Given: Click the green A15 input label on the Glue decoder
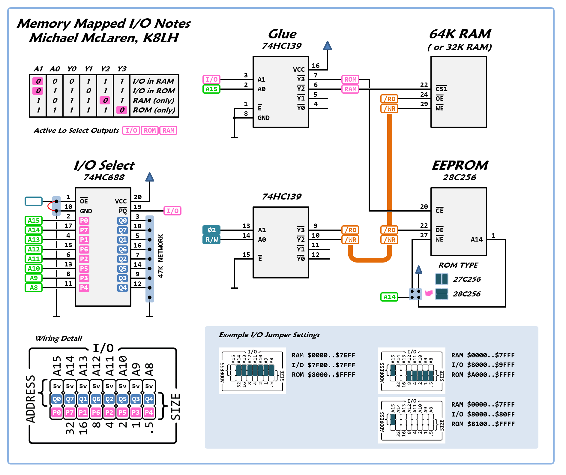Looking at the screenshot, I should pos(211,89).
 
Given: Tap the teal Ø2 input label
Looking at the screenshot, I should pos(211,230).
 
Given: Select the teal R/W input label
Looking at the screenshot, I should pos(211,240).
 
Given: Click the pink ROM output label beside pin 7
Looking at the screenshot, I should pos(350,80).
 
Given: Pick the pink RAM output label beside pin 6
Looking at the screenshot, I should pos(350,89).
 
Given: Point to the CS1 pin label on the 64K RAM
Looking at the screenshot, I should pos(442,89).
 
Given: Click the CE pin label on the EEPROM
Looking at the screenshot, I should pos(439,211).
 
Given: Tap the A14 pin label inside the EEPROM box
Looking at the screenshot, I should pos(476,239).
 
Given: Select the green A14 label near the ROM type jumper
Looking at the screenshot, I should pos(389,297).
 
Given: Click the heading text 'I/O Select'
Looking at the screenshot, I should pos(104,165).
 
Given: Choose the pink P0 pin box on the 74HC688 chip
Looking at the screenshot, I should pos(84,221).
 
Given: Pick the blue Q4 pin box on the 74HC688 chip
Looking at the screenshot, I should pos(123,288).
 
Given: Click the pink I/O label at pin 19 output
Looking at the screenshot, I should pos(172,211).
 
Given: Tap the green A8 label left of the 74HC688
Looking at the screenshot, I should pos(34,288).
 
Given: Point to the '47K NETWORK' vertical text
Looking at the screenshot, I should pos(160,256).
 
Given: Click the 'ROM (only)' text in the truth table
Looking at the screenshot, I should pos(154,110).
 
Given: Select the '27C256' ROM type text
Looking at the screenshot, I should pos(467,279).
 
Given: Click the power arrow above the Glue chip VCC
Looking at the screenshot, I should pos(328,46).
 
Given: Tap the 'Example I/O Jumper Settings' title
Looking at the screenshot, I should pos(269,335).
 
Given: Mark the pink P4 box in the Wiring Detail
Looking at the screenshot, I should pos(149,412).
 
